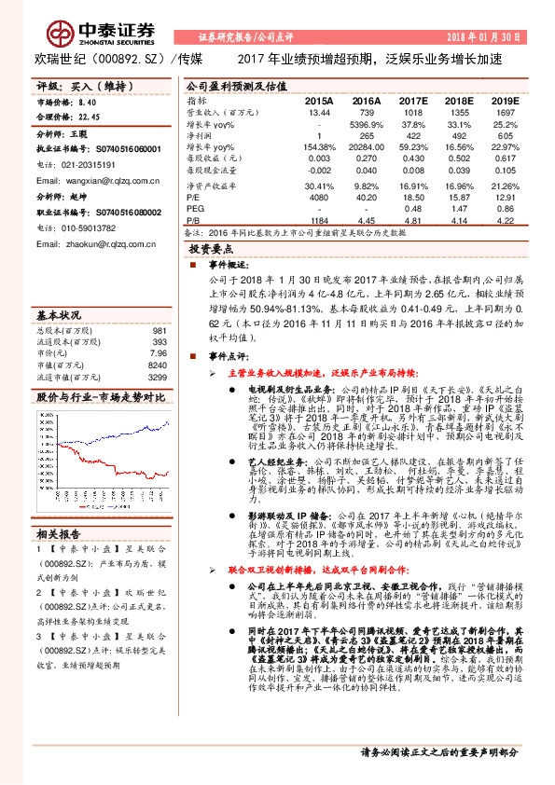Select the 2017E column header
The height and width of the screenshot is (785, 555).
[x=412, y=100]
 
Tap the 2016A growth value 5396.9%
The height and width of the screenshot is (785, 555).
[x=366, y=123]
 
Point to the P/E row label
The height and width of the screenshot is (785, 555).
[x=193, y=198]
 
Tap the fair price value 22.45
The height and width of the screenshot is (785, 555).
[x=90, y=118]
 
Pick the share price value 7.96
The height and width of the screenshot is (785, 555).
[x=158, y=328]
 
